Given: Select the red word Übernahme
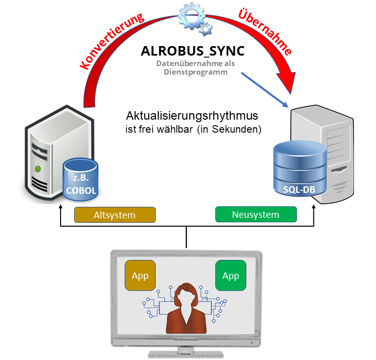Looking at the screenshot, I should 265,31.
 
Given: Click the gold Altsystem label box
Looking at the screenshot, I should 115,215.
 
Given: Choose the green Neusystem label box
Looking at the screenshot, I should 255,215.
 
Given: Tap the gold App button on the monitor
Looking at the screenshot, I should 140,275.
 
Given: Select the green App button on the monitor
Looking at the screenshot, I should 230,275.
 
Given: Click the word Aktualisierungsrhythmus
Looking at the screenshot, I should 192,116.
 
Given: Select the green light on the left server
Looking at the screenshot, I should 37,169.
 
